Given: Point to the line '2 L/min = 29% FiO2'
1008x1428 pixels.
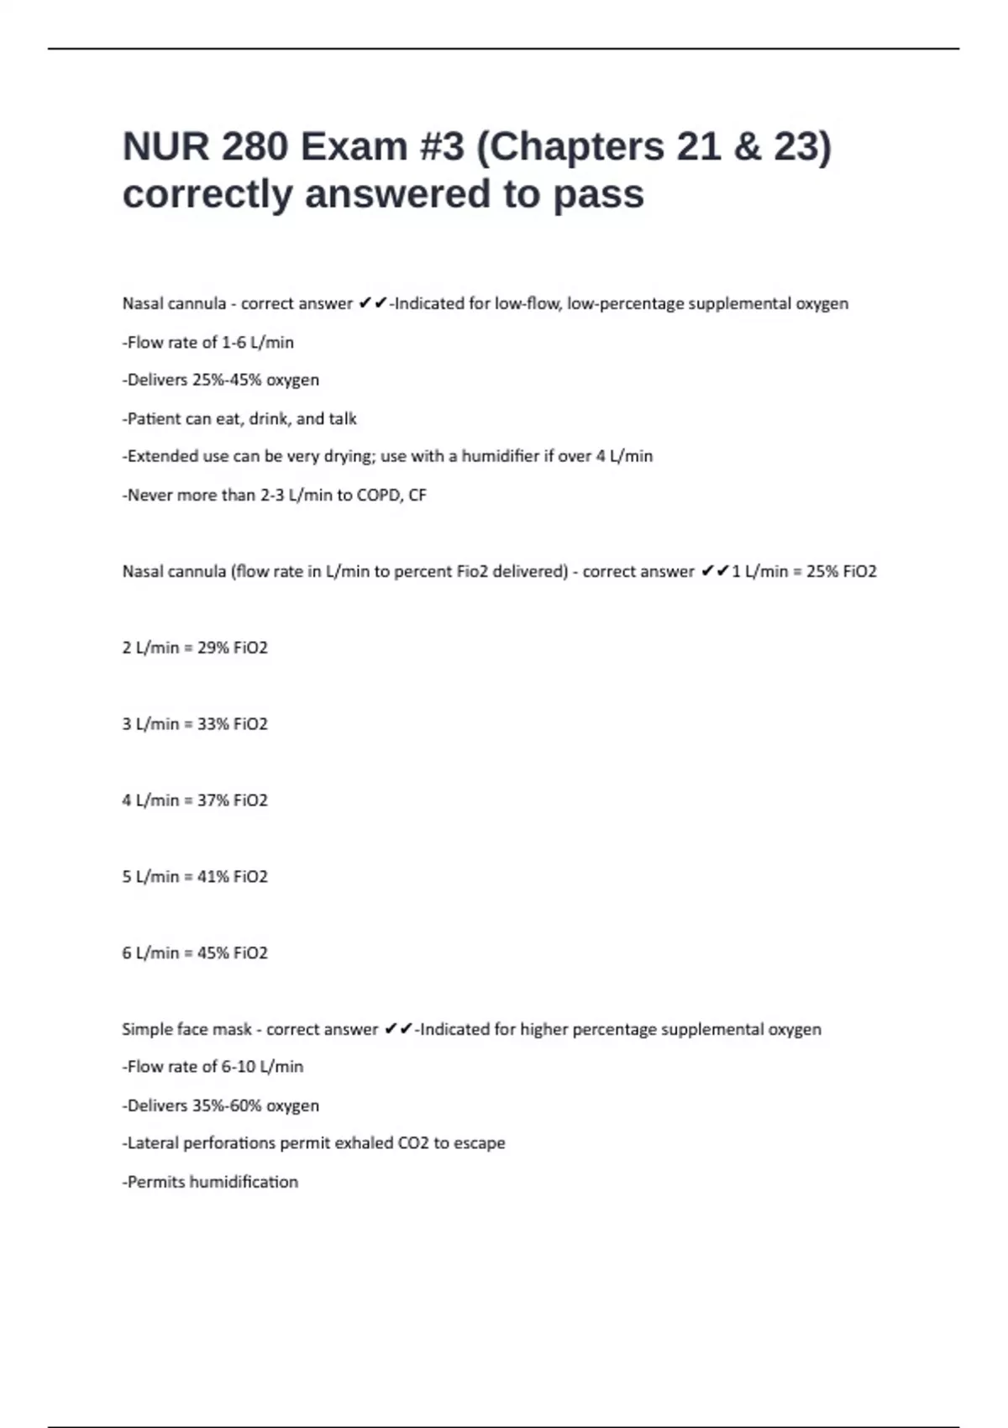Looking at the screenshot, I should [x=195, y=648].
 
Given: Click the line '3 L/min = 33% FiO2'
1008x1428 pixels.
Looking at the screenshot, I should [x=195, y=724].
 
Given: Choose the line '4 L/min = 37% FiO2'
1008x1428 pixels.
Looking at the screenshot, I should [x=195, y=801].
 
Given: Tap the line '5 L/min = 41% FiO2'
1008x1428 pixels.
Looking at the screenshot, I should [x=195, y=877].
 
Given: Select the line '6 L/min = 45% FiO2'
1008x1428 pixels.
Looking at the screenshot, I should [x=195, y=953].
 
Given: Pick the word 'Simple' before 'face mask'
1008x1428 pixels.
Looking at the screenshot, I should [x=143, y=1030].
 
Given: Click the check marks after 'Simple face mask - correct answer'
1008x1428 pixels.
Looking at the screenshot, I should [x=397, y=1029].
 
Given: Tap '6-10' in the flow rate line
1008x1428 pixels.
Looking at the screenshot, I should [x=238, y=1067].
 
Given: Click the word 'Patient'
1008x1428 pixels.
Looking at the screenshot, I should [x=153, y=418].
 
